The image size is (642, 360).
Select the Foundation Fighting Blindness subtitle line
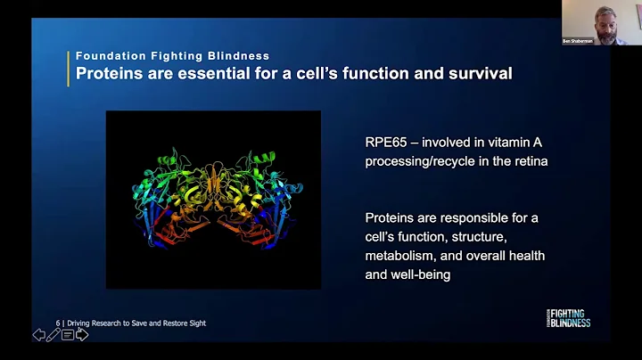tap(172, 55)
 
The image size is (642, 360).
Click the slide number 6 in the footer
tap(58, 323)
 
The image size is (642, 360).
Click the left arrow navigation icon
tap(39, 335)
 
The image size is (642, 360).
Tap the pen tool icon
tap(53, 335)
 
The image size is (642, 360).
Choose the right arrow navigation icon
tap(82, 335)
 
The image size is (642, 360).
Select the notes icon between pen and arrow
tap(68, 335)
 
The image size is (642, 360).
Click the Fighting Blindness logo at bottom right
tap(567, 318)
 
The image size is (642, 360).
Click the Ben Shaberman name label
tap(578, 40)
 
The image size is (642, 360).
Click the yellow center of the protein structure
tap(213, 192)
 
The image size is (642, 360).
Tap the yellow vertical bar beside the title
tap(69, 65)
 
